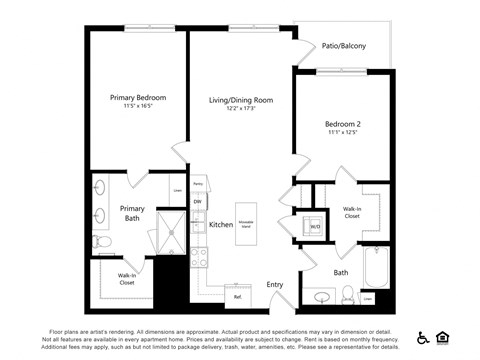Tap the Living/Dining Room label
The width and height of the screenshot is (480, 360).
[x=241, y=101]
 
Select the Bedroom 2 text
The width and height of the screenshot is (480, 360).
[x=343, y=124]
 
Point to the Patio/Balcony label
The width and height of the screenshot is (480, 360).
[x=343, y=46]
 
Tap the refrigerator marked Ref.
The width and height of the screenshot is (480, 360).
[x=238, y=296]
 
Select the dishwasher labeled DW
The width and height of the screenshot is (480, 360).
[x=198, y=202]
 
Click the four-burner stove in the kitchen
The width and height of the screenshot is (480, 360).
[x=198, y=255]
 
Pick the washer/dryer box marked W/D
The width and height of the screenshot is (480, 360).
[x=314, y=227]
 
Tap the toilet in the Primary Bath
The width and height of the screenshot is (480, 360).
[x=101, y=242]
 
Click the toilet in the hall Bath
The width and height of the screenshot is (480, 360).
[x=347, y=293]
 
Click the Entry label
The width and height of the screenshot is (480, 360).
[x=275, y=285]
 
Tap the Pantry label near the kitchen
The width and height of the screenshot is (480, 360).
[x=198, y=184]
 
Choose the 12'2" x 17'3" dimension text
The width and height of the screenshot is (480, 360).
[x=241, y=110]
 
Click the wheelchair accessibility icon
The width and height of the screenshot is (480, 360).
[x=424, y=338]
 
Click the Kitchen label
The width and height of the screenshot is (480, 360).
[x=221, y=225]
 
